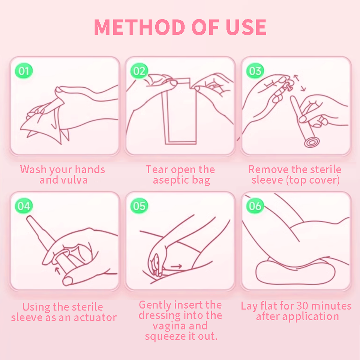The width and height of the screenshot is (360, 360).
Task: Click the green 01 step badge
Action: tap(24, 71)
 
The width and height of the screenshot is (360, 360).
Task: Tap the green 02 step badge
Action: tap(139, 71)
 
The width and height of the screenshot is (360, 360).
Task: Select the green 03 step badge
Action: tap(255, 71)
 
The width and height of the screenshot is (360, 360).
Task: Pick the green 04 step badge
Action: tap(24, 206)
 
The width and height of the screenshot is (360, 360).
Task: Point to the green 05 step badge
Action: tap(139, 206)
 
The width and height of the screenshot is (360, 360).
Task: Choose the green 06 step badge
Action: tap(255, 206)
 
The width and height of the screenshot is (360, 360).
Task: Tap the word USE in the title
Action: tap(246, 27)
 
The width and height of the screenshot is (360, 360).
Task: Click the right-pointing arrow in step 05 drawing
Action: tap(176, 267)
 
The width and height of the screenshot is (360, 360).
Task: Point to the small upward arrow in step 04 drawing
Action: tap(57, 270)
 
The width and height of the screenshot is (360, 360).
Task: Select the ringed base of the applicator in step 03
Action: tap(311, 142)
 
